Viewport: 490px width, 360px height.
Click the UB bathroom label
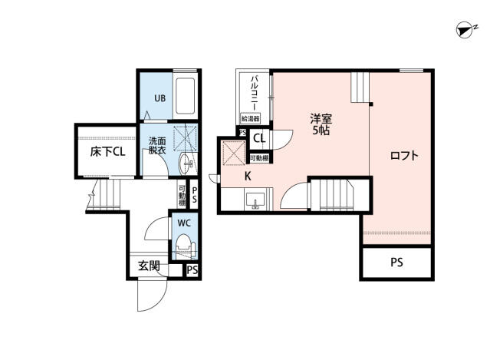point(159,98)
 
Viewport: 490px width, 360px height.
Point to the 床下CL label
point(107,151)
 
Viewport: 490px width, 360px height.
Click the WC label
point(184,223)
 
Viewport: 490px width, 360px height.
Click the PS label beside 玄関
point(192,270)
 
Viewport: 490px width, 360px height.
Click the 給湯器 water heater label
point(250,119)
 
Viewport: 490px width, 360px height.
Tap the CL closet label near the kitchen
point(259,139)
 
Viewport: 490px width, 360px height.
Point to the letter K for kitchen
point(248,176)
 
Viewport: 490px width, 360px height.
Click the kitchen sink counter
point(255,201)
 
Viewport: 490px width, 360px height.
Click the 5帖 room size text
point(321,132)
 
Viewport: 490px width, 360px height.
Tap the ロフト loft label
point(404,156)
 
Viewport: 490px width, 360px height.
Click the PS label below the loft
point(396,263)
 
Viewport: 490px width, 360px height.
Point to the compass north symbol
point(463,30)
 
